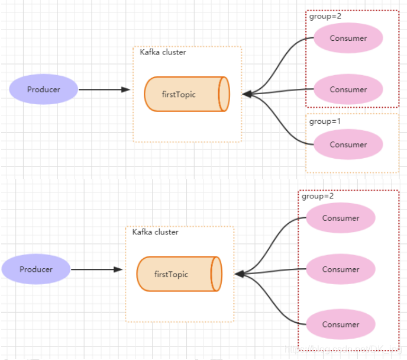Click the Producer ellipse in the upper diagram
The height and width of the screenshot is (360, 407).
click(43, 90)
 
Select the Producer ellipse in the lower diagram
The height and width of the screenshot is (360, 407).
click(35, 269)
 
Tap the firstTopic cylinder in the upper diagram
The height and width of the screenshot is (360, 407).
click(186, 94)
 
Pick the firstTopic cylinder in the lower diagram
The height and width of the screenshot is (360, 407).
click(179, 274)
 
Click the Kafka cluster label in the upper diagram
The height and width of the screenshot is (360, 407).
click(163, 53)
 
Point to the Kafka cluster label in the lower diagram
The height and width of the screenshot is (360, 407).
click(155, 232)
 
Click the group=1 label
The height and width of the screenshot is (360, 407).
click(325, 121)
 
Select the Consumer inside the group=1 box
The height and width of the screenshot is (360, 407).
click(348, 144)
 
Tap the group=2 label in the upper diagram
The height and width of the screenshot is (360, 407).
click(325, 17)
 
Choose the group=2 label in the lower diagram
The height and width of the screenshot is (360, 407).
click(318, 196)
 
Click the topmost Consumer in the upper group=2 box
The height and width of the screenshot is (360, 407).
click(348, 38)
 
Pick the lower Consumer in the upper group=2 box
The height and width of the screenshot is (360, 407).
click(348, 90)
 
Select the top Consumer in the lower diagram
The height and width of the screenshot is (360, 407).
click(341, 218)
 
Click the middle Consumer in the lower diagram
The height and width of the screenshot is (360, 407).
click(341, 269)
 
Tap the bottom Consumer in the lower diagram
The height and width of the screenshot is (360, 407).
click(341, 324)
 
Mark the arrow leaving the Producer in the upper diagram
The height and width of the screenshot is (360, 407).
click(104, 90)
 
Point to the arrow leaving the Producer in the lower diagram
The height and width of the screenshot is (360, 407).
click(96, 269)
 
